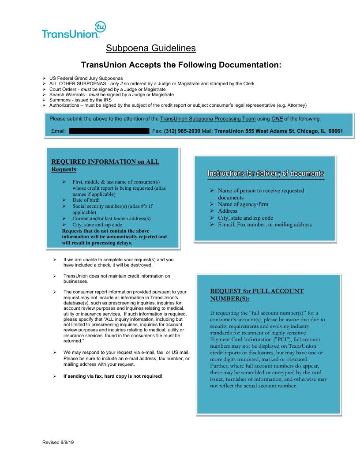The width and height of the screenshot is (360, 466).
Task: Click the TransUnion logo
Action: click(x=73, y=30)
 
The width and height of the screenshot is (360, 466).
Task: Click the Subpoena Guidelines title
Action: click(x=150, y=48)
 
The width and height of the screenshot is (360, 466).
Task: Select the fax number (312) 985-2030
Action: click(x=182, y=131)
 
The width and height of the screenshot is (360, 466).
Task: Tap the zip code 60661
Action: click(x=335, y=131)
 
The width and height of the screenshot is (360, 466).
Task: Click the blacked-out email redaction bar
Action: click(x=109, y=131)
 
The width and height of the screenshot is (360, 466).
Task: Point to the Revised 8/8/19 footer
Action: click(x=58, y=442)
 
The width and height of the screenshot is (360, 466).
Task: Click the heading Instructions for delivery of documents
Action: click(x=266, y=173)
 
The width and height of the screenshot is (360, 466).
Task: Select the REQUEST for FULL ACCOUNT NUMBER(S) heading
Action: click(x=257, y=295)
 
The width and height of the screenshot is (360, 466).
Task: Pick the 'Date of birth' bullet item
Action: click(x=86, y=200)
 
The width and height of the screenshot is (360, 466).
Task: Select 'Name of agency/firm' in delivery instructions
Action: click(x=243, y=204)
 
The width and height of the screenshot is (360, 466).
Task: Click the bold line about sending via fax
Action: click(x=113, y=376)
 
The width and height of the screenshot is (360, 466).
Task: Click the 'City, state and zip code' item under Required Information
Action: click(x=97, y=225)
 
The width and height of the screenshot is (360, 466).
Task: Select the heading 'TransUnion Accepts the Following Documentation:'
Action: click(x=181, y=65)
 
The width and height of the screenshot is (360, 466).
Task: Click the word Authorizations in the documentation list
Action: click(x=64, y=105)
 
